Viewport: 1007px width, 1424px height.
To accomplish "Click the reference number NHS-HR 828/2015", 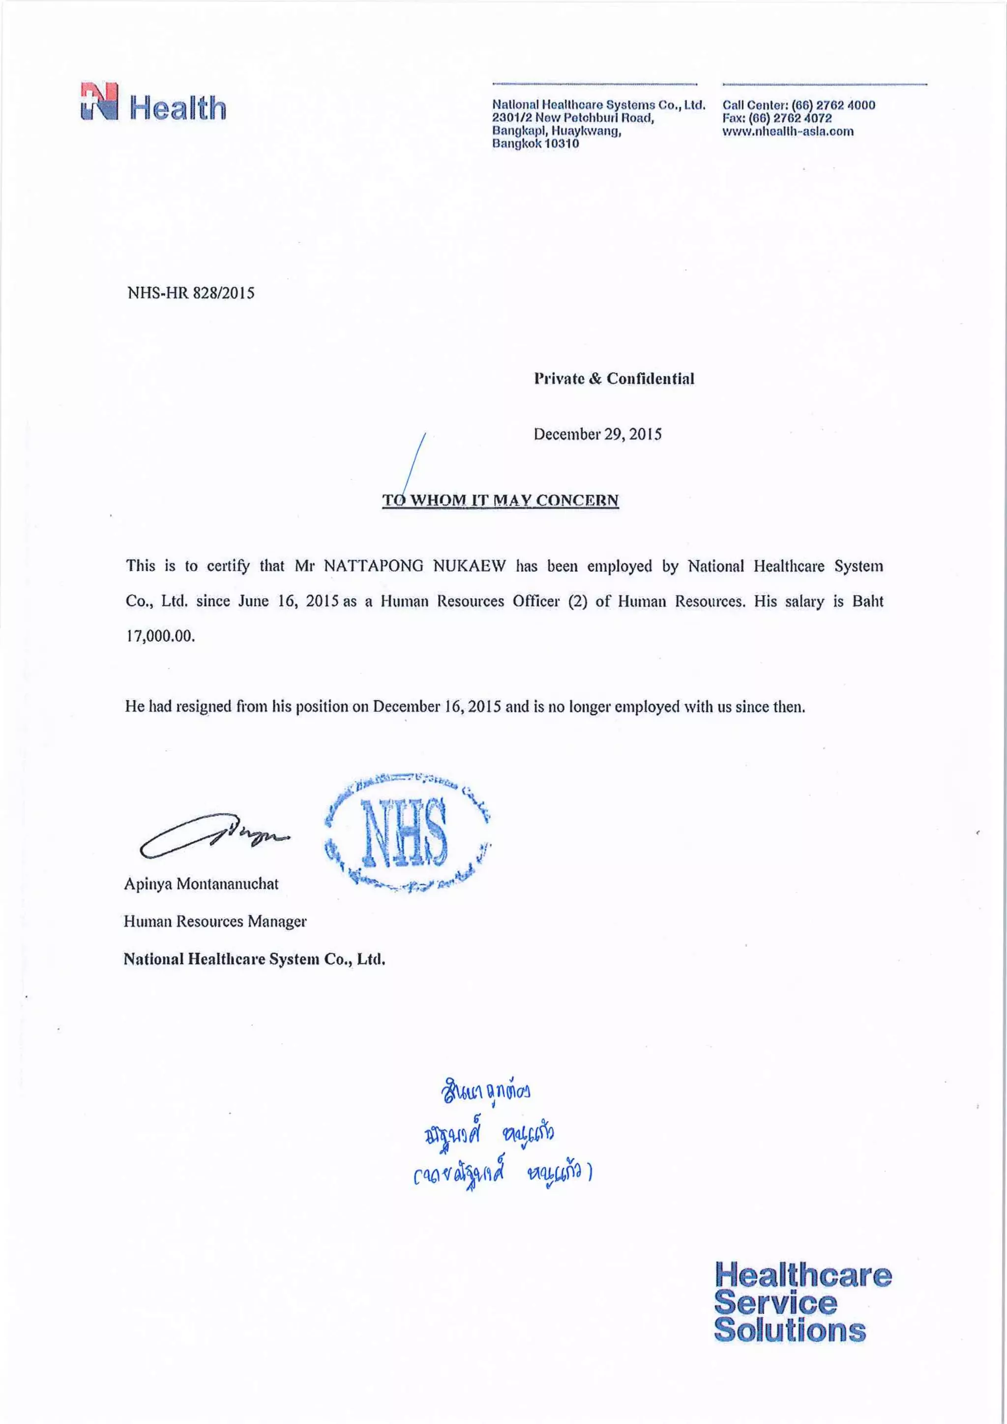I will point(191,294).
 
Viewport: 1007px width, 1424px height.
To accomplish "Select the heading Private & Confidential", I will point(614,378).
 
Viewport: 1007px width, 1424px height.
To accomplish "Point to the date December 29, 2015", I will point(597,434).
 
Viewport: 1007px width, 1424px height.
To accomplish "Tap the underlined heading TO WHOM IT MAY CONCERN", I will point(501,500).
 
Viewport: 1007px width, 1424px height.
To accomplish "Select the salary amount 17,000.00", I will point(160,636).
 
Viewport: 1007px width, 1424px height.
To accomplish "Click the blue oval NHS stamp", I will point(408,834).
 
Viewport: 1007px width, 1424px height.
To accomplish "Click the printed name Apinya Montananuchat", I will point(201,884).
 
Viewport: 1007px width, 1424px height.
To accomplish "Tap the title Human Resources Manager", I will point(214,921).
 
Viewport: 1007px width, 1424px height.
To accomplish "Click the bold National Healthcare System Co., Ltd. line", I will point(254,959).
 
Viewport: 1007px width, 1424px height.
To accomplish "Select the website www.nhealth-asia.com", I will point(788,131).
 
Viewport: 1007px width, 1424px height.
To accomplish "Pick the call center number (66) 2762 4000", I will point(833,105).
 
